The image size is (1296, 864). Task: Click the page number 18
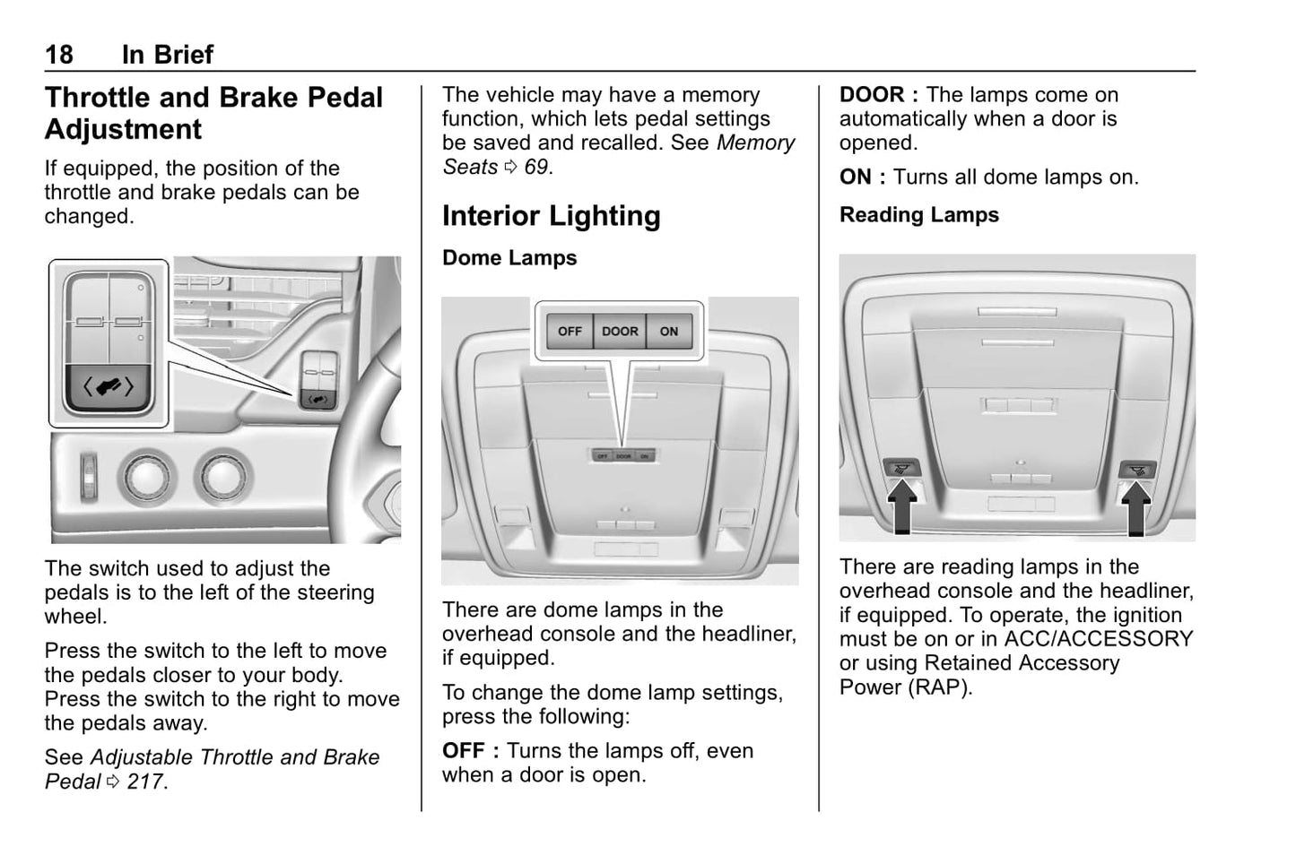coord(59,55)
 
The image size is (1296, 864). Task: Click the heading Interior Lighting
coord(551,216)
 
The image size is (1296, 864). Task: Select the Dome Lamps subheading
coord(509,258)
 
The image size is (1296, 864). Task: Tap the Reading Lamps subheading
coord(918,215)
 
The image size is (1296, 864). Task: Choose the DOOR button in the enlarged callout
coord(620,332)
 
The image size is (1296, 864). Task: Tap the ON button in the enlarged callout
coord(669,332)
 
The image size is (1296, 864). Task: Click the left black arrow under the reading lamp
coord(903,505)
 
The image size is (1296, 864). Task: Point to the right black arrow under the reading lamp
coord(1136,507)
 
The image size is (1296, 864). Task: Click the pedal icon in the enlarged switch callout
coord(109,387)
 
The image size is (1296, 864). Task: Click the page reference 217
coord(145,782)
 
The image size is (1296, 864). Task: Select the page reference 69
coord(535,168)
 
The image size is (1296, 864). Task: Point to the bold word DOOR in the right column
coord(872,95)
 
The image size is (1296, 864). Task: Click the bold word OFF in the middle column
coord(464,751)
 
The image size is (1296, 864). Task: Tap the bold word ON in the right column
coord(856,177)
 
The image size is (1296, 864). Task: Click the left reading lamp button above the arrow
coord(900,468)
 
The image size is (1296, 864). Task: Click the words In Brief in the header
coord(168,55)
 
